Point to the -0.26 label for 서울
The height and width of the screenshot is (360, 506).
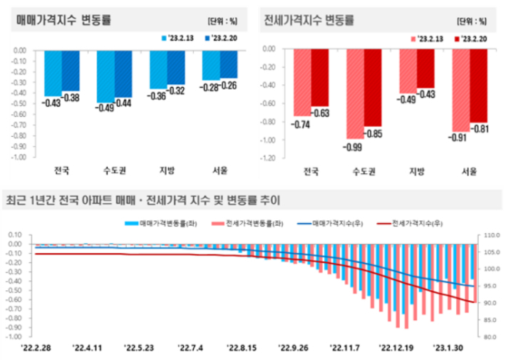229,86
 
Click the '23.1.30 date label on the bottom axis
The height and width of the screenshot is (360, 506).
450,349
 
